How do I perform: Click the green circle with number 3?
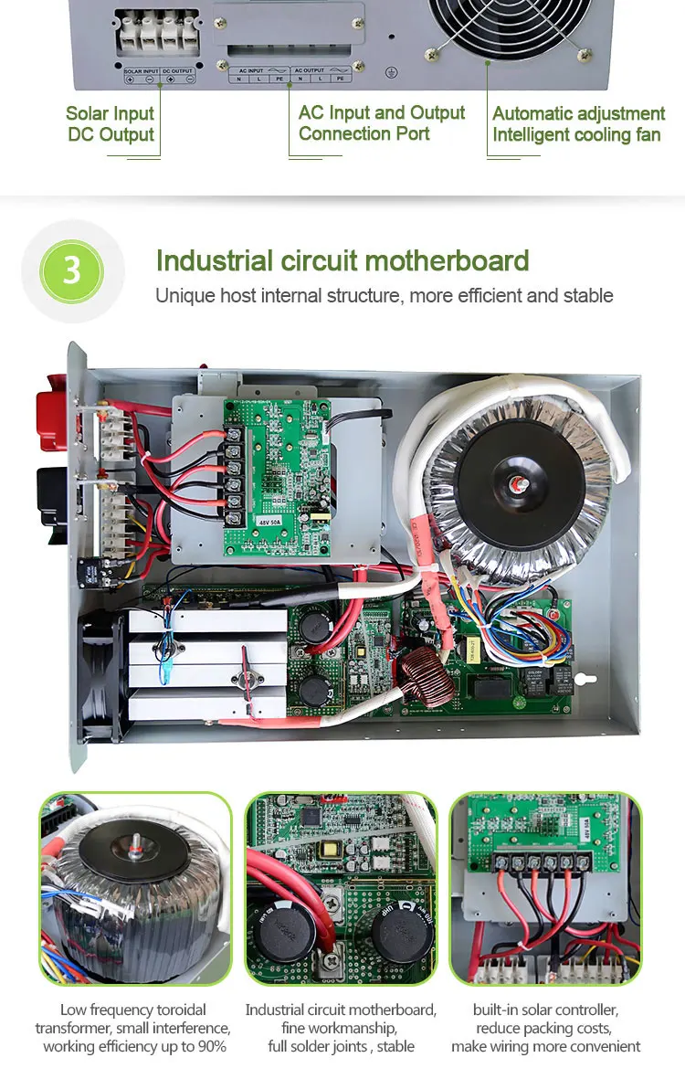pos(72,271)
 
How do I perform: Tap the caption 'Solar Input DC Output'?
pos(111,124)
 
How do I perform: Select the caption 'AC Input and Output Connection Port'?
pos(381,123)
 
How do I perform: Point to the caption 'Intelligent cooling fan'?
pos(576,135)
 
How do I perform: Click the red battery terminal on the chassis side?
pos(50,419)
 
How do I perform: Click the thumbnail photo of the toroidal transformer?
pos(134,887)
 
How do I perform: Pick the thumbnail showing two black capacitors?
pos(342,887)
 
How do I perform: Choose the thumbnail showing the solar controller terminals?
pos(546,887)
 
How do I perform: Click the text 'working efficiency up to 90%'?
pos(134,1046)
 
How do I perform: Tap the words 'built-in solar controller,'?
pos(546,1010)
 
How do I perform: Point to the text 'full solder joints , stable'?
pos(342,1046)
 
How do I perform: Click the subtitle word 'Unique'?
pos(178,295)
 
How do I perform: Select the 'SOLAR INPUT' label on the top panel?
pos(141,69)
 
